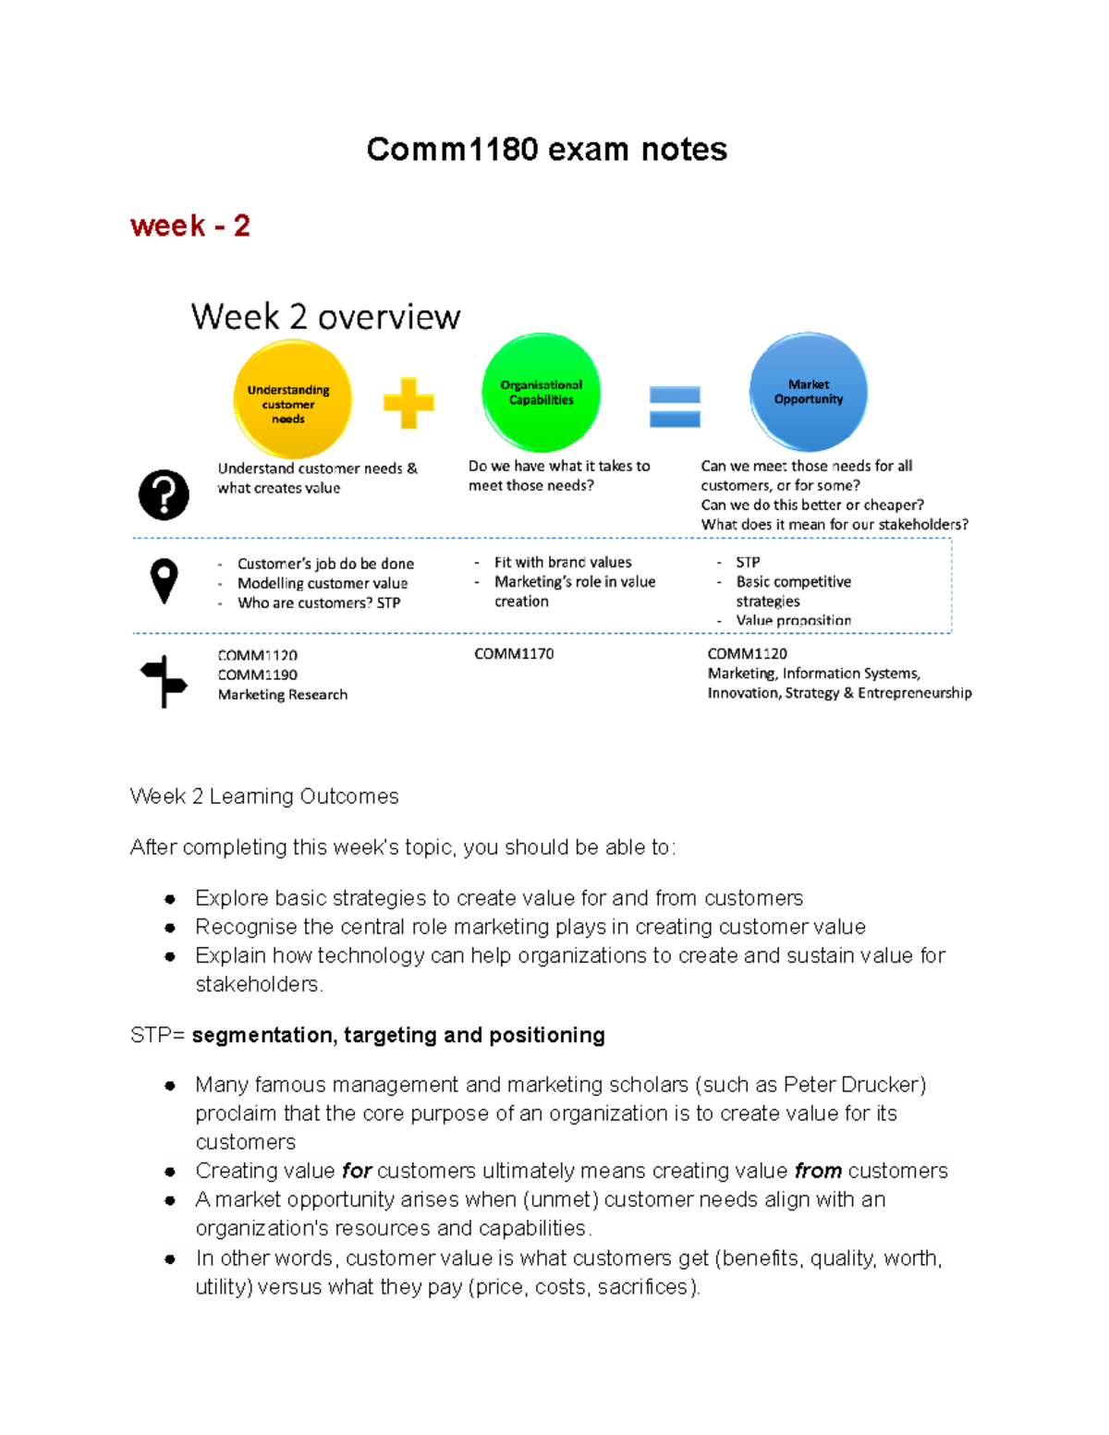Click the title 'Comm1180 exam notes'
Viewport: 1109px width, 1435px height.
point(546,150)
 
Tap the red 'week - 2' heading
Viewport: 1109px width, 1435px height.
point(190,225)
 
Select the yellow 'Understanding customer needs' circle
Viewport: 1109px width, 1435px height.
point(292,399)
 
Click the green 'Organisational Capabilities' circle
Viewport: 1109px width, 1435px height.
point(541,393)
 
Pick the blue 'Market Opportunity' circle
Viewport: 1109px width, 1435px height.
point(808,392)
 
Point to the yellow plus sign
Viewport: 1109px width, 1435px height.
point(408,403)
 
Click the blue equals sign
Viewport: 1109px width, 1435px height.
point(675,407)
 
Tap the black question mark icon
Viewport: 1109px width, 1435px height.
point(164,494)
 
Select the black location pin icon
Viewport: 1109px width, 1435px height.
point(164,580)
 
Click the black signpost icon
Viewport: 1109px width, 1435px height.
point(164,681)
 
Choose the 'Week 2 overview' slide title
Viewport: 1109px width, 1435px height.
point(325,317)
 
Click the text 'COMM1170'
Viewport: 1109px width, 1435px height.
point(514,654)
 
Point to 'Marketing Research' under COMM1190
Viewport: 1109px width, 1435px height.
point(283,695)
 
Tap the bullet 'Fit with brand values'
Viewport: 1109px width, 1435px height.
point(563,562)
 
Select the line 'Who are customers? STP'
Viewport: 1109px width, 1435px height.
point(319,602)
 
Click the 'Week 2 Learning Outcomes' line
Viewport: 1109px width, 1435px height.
point(264,797)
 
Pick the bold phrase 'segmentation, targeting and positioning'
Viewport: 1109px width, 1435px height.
point(398,1035)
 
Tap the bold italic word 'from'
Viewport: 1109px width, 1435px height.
point(818,1171)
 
